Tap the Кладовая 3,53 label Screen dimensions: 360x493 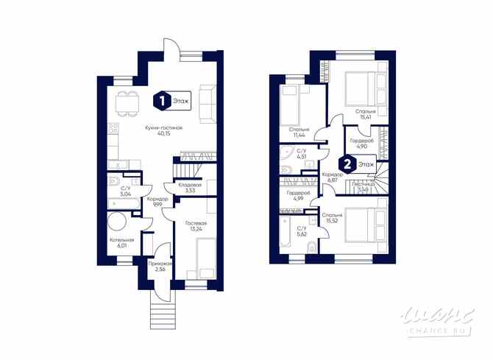190,188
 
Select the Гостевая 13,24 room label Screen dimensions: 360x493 196,226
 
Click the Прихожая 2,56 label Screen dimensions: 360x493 160,267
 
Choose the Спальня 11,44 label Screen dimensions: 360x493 299,133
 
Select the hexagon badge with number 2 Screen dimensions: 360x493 344,166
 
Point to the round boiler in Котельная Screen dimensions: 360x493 118,223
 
